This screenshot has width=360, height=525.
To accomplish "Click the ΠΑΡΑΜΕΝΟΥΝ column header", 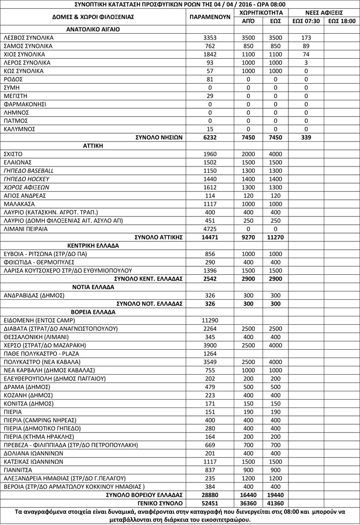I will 209,17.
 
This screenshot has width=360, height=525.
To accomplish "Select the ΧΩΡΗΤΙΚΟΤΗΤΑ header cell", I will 261,12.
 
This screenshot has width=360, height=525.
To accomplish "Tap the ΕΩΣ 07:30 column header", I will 306,21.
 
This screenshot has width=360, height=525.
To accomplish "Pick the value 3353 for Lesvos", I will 209,38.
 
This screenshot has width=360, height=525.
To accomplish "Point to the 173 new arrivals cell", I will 306,38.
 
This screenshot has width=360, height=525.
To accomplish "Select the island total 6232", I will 209,138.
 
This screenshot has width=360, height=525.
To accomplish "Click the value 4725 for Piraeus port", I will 209,229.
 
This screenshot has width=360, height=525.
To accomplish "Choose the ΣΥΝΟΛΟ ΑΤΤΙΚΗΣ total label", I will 159,237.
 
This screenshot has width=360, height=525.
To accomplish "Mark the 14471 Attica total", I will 209,237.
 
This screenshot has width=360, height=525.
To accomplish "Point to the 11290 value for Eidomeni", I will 209,320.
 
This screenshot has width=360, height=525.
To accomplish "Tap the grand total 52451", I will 209,502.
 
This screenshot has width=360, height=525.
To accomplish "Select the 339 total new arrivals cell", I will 306,138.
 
